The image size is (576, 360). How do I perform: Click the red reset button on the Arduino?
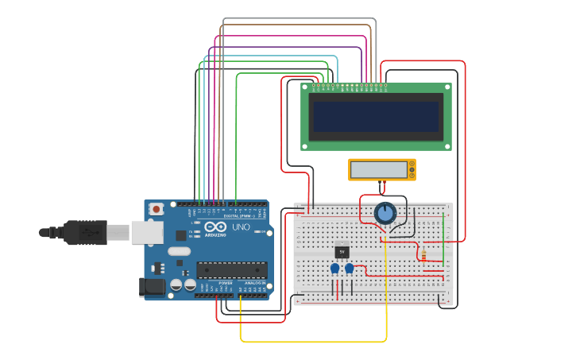(x=157, y=209)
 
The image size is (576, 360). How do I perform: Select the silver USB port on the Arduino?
(x=146, y=232)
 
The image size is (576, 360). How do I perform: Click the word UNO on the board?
(x=241, y=227)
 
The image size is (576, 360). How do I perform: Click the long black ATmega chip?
(x=231, y=270)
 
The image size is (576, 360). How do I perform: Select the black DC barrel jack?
(x=153, y=287)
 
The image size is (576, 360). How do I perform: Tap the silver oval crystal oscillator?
(x=180, y=252)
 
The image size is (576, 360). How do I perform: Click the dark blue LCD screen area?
(x=376, y=117)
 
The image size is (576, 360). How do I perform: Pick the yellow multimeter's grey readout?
(x=379, y=169)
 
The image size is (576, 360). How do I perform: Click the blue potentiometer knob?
(x=385, y=213)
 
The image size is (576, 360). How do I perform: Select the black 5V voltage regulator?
(x=342, y=251)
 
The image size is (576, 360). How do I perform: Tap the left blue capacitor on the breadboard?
(x=334, y=269)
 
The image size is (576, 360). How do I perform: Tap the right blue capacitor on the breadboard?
(x=349, y=269)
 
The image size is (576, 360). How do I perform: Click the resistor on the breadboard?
(x=423, y=255)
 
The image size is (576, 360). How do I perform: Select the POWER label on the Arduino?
(x=226, y=283)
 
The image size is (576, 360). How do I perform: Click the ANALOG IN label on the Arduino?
(x=254, y=283)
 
